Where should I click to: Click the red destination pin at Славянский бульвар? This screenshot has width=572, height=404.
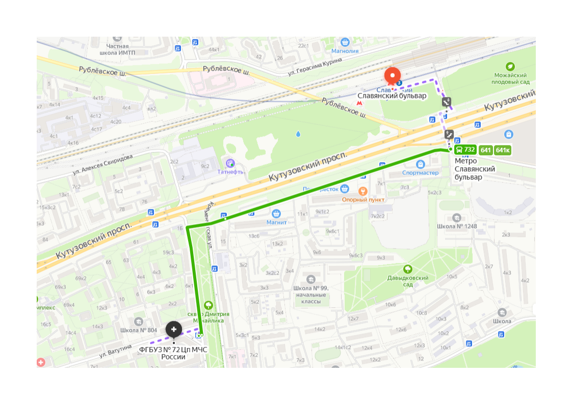[393, 76]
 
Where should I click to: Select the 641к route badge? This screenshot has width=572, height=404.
[503, 150]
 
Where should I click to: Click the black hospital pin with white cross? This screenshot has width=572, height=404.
[174, 330]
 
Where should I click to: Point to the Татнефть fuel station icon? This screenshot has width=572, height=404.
[230, 163]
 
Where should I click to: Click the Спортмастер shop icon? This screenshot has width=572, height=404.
[421, 164]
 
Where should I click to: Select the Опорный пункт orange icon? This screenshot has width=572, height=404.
[362, 192]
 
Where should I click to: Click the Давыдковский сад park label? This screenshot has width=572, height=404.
[408, 281]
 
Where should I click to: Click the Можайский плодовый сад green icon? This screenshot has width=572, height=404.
[510, 67]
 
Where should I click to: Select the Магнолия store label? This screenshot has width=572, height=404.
[345, 51]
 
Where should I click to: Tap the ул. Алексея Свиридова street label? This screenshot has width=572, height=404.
[102, 164]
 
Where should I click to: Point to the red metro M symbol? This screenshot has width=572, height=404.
[360, 102]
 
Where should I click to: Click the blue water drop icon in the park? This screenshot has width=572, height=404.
[298, 134]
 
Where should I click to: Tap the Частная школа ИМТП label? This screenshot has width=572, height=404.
[118, 48]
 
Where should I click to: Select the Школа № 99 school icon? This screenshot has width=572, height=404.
[311, 279]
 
